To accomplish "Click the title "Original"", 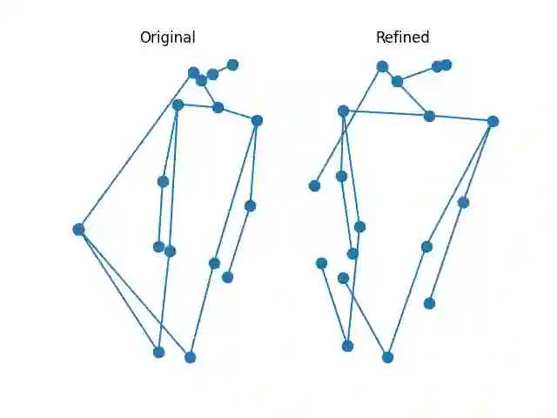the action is pyautogui.click(x=167, y=37).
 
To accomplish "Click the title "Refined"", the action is pyautogui.click(x=402, y=37).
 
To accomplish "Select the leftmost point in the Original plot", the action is pyautogui.click(x=78, y=229).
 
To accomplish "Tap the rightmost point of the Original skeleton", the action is pyautogui.click(x=257, y=120).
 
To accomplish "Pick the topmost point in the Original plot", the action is pyautogui.click(x=232, y=64).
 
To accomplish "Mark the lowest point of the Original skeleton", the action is pyautogui.click(x=190, y=357).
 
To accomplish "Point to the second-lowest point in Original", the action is pyautogui.click(x=158, y=352).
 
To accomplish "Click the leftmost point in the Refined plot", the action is pyautogui.click(x=314, y=185).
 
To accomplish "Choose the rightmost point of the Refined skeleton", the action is pyautogui.click(x=493, y=121).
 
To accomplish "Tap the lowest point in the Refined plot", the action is pyautogui.click(x=387, y=357).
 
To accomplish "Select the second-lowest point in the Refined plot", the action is pyautogui.click(x=347, y=346).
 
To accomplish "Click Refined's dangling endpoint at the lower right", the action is pyautogui.click(x=429, y=303).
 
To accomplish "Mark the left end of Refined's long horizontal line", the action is pyautogui.click(x=343, y=111).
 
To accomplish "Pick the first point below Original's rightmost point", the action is pyautogui.click(x=250, y=206).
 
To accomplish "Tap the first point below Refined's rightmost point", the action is pyautogui.click(x=463, y=202).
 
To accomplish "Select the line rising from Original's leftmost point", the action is pyautogui.click(x=136, y=151).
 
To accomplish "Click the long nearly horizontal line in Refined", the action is pyautogui.click(x=418, y=116).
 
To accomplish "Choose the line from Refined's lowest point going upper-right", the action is pyautogui.click(x=406, y=302).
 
